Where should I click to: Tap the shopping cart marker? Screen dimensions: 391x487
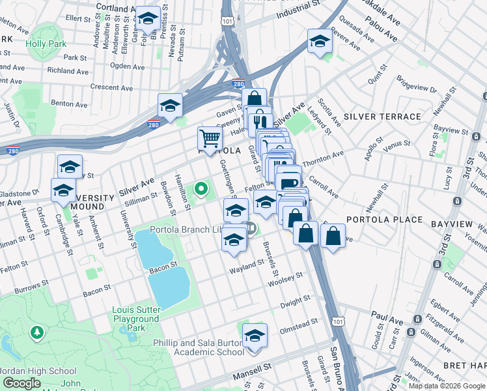coord(210,138)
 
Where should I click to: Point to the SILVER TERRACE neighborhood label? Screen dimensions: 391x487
coord(382,117)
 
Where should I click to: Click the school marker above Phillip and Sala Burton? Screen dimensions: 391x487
coord(255,335)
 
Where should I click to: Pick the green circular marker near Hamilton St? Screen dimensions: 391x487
coord(201,190)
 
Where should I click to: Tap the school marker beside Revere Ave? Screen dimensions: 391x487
coord(319,41)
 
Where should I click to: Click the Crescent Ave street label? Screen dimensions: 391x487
coord(111,87)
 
